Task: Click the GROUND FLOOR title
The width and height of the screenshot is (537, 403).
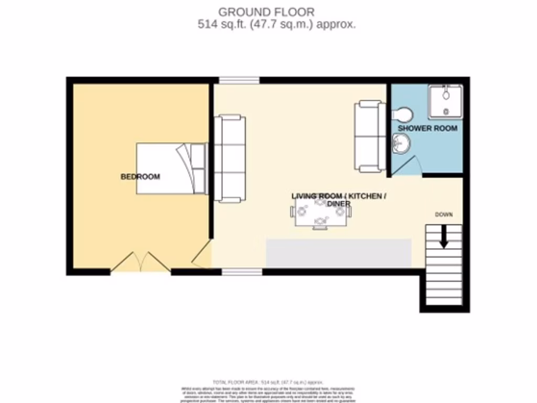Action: point(266,12)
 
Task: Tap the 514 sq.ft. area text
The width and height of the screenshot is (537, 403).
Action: point(276,24)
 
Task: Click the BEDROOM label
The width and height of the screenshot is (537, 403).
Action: point(140,177)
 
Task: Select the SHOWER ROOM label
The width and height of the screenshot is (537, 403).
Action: point(427,128)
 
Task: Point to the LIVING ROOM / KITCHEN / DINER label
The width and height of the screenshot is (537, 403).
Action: point(339,199)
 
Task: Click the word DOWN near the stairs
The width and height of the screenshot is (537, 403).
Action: point(444,215)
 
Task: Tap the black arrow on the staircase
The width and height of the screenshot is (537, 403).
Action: point(444,237)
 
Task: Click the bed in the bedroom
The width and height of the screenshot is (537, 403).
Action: point(171,168)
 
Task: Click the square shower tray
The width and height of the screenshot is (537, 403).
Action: point(445,101)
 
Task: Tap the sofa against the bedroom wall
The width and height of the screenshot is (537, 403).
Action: point(230,158)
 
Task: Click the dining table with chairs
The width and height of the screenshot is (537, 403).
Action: point(320,212)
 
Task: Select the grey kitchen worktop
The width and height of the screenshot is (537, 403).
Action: point(339,252)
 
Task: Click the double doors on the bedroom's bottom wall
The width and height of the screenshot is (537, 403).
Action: point(141,262)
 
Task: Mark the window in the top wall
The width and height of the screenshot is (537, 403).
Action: point(239,80)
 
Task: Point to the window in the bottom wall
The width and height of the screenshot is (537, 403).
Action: point(242,272)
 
